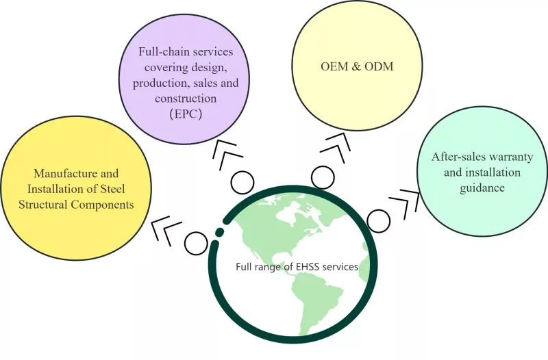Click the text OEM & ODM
click(x=357, y=66)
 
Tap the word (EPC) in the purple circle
click(x=186, y=114)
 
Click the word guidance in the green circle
click(x=482, y=188)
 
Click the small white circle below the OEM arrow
click(x=323, y=177)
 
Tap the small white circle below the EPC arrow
click(x=242, y=183)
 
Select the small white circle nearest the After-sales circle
click(x=379, y=221)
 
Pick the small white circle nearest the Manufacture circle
click(x=196, y=244)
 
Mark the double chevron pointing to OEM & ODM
click(x=336, y=148)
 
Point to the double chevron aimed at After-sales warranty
click(x=405, y=204)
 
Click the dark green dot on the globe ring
click(x=219, y=231)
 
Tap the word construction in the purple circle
click(x=186, y=99)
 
